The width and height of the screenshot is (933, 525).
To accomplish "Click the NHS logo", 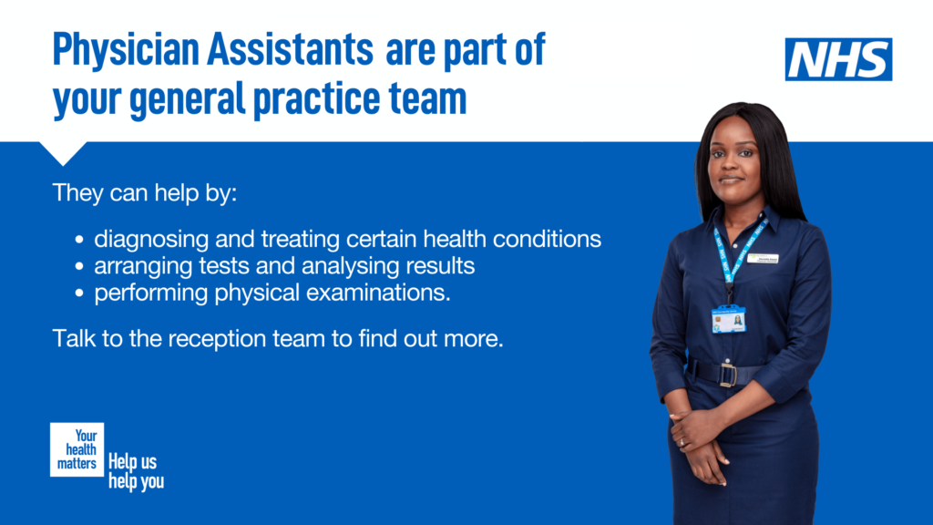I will pyautogui.click(x=838, y=59).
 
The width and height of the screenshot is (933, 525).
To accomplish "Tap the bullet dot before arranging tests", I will pyautogui.click(x=80, y=268).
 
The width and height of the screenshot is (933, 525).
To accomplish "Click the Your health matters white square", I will pyautogui.click(x=77, y=449).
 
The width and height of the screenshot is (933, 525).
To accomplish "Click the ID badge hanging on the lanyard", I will pyautogui.click(x=728, y=319).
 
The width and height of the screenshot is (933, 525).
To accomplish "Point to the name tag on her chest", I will pyautogui.click(x=763, y=259).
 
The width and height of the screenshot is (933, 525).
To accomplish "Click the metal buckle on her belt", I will pyautogui.click(x=728, y=374).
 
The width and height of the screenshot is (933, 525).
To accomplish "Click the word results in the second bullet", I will pyautogui.click(x=441, y=267).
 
